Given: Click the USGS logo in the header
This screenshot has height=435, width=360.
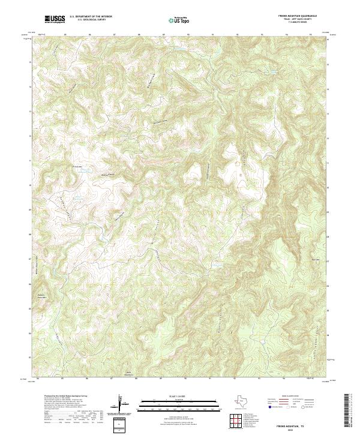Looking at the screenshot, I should point(55,20).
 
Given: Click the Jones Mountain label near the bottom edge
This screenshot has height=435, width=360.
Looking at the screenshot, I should point(128,374).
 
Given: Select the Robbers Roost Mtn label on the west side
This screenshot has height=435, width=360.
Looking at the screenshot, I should point(41,296).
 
